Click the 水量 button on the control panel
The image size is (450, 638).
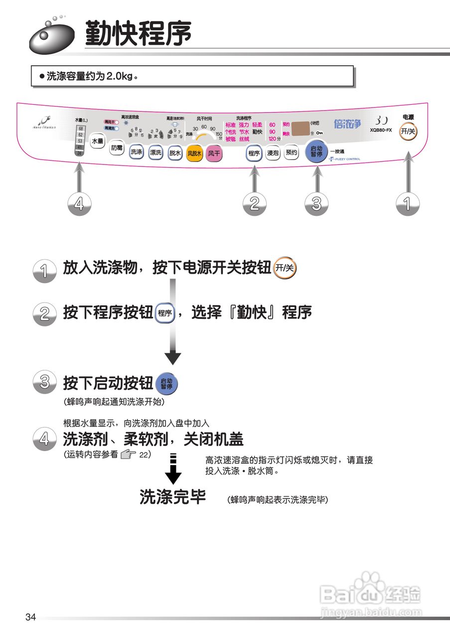pyautogui.click(x=97, y=142)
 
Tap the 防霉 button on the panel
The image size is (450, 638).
pyautogui.click(x=117, y=148)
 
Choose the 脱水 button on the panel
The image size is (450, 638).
pyautogui.click(x=174, y=154)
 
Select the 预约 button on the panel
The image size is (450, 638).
pyautogui.click(x=291, y=154)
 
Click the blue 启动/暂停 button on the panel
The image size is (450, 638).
pyautogui.click(x=316, y=152)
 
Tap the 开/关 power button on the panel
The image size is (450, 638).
pyautogui.click(x=408, y=131)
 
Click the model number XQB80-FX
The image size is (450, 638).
pyautogui.click(x=381, y=130)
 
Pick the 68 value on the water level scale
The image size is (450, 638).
pyautogui.click(x=80, y=129)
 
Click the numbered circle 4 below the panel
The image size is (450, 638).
pyautogui.click(x=82, y=204)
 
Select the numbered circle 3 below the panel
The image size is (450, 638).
pyautogui.click(x=316, y=204)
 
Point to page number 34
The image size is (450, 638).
pyautogui.click(x=30, y=618)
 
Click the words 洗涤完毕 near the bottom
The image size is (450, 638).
pyautogui.click(x=172, y=496)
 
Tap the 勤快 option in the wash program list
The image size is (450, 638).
pyautogui.click(x=257, y=132)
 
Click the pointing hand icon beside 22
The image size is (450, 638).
pyautogui.click(x=128, y=454)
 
